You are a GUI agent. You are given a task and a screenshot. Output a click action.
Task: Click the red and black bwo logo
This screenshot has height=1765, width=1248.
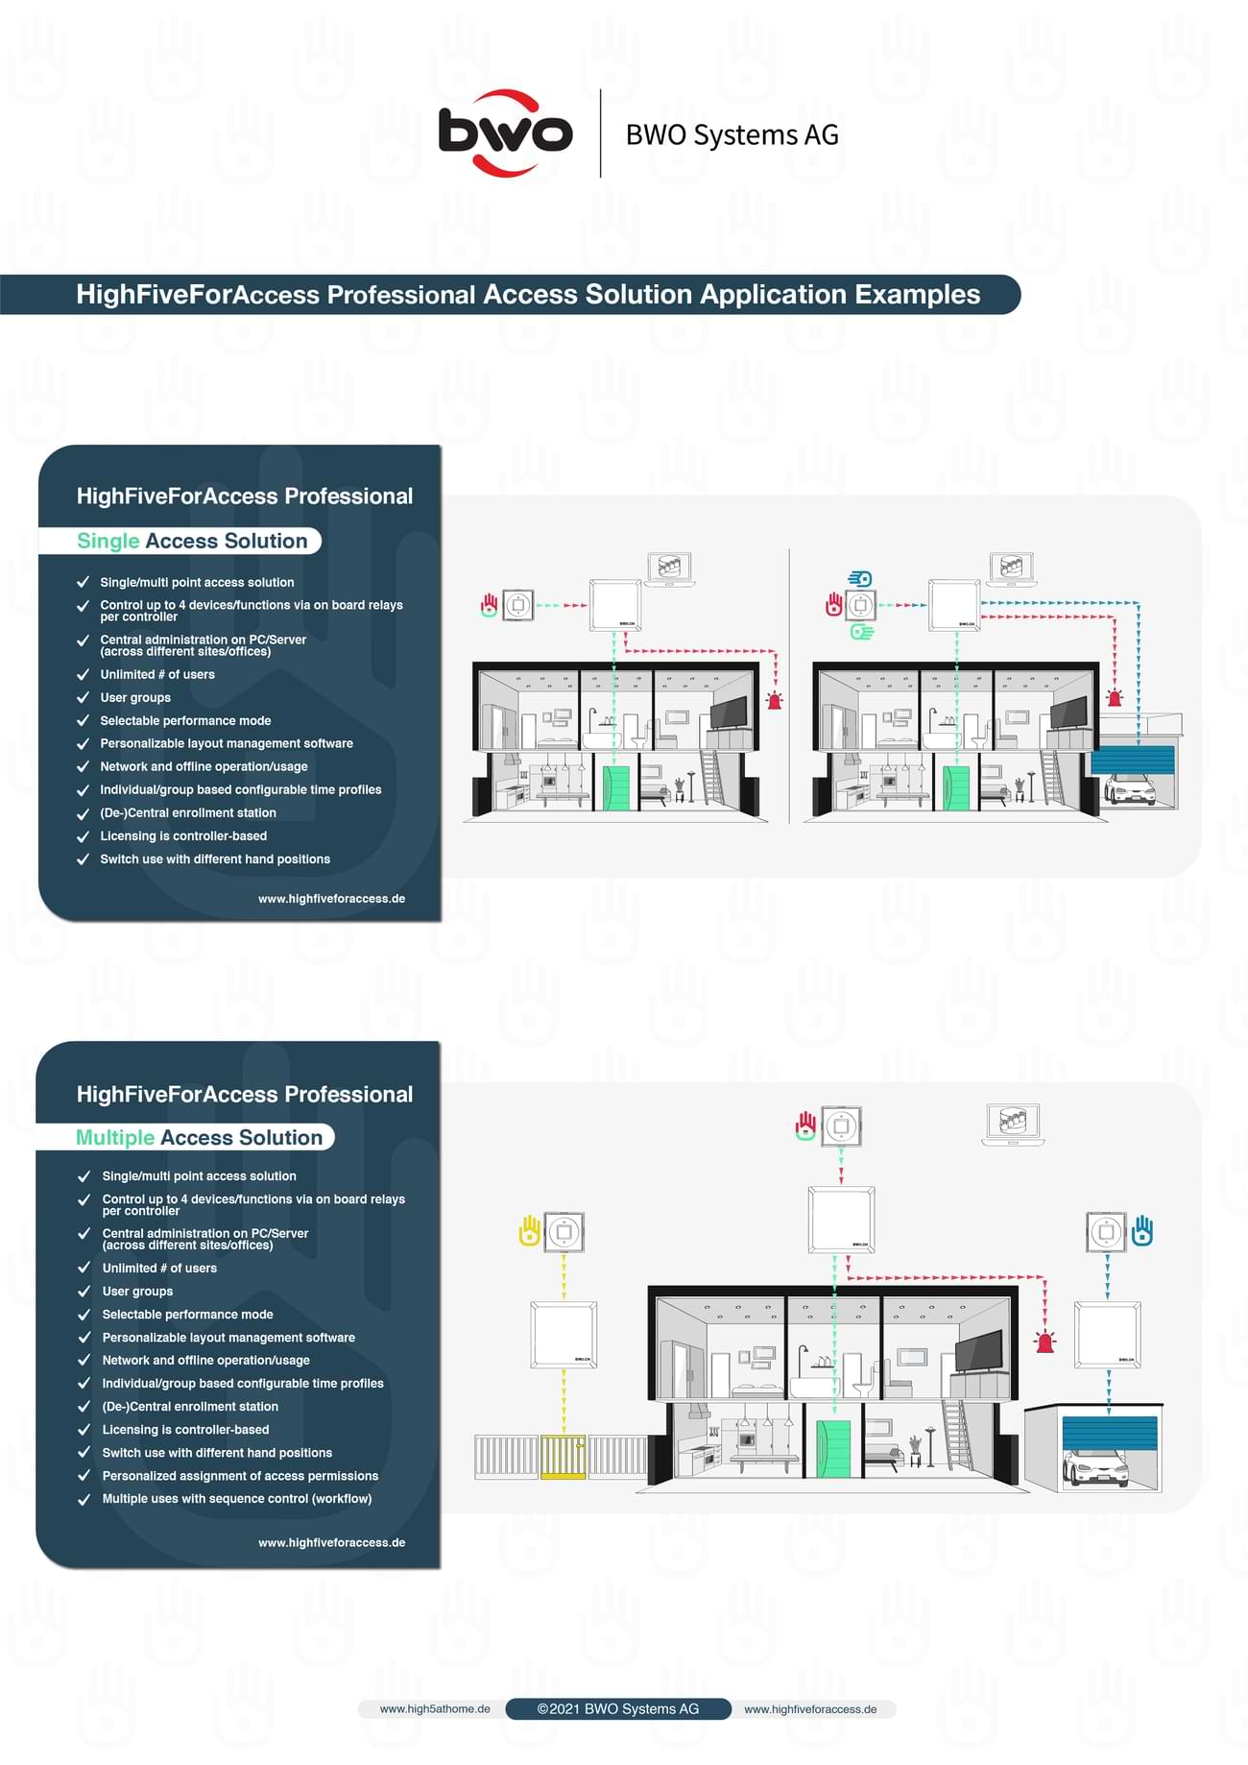505,133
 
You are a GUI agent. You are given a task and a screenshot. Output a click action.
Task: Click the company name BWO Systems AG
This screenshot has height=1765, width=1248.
732,134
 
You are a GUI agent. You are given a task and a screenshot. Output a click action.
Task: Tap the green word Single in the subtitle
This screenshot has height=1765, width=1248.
108,541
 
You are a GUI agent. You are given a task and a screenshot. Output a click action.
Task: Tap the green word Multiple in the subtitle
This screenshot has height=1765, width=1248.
115,1137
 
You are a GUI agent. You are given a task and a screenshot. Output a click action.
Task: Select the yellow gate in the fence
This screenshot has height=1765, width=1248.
563,1456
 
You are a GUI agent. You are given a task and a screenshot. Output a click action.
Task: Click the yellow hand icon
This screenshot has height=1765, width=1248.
529,1231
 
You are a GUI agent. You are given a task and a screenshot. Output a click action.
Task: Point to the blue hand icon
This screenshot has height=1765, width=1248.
1142,1230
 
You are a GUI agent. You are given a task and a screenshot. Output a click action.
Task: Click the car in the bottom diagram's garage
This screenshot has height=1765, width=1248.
1095,1466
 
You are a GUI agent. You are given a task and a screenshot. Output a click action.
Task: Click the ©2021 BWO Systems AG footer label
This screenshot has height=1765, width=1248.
617,1708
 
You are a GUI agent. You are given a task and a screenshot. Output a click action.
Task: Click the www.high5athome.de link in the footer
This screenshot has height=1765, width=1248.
435,1708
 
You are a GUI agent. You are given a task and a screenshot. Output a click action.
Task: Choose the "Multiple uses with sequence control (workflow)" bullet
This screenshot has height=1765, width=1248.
237,1498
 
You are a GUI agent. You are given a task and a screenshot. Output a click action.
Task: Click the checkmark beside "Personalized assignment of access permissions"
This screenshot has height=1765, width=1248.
84,1475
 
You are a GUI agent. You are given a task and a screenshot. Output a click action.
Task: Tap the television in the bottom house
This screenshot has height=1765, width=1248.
978,1352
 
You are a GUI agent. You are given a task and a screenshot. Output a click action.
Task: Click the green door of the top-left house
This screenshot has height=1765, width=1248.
614,787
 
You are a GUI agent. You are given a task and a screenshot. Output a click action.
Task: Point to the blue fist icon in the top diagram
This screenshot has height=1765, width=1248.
860,579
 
